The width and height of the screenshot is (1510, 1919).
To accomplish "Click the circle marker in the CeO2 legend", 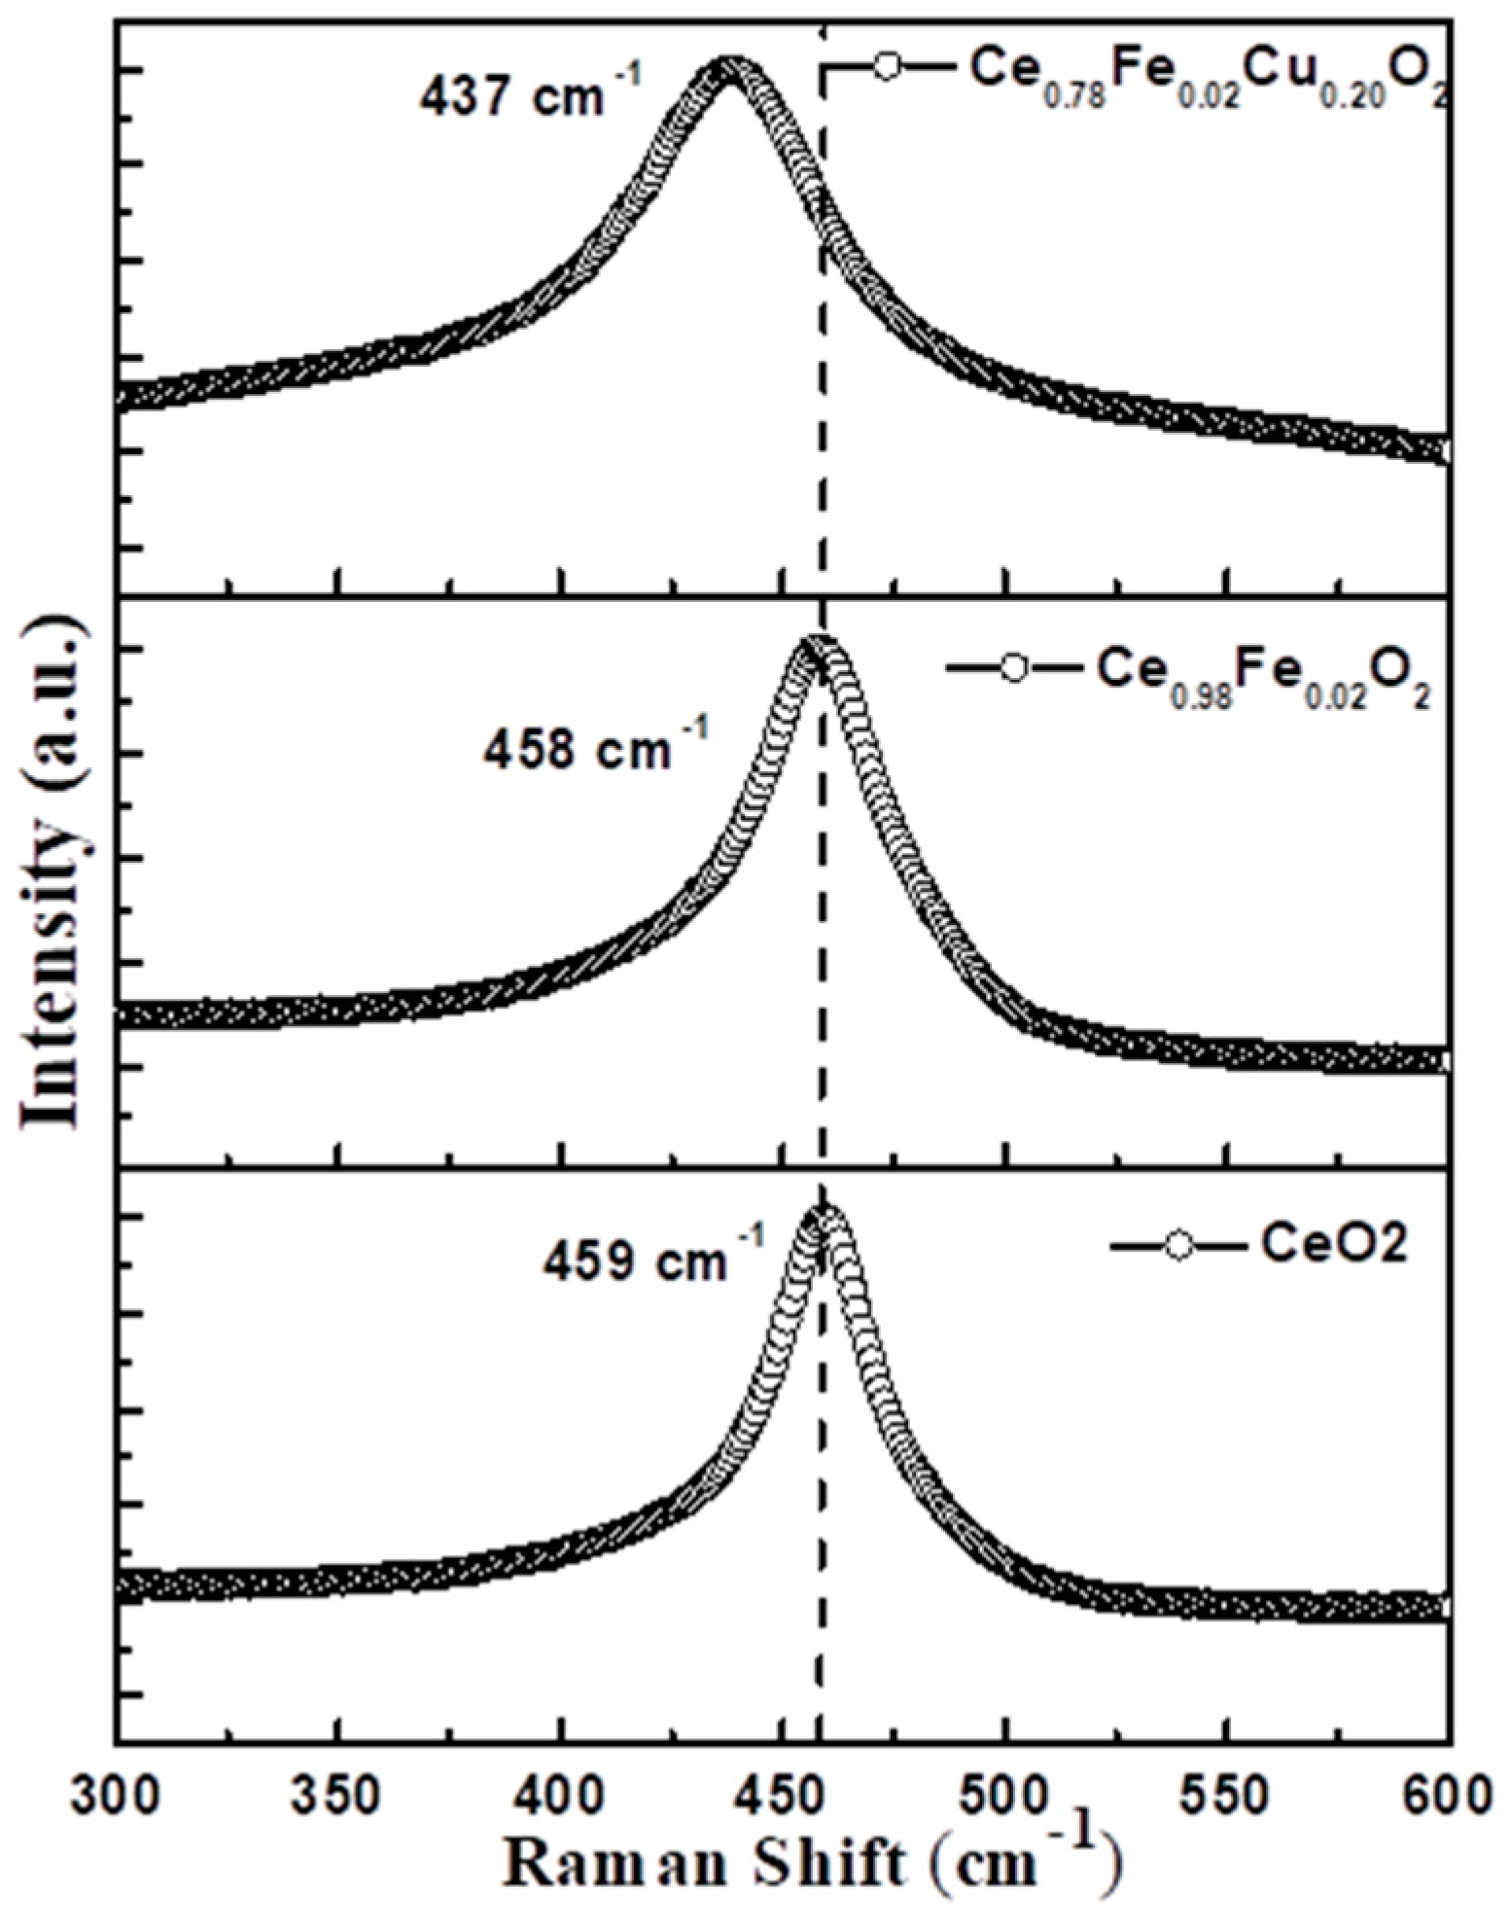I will (1178, 1220).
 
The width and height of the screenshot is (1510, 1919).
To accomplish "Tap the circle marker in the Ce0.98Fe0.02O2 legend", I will (1014, 668).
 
